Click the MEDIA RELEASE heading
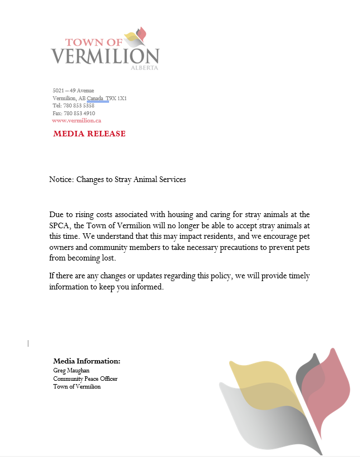(89, 134)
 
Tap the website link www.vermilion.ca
(76, 120)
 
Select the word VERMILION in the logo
(105, 56)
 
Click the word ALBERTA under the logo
(144, 68)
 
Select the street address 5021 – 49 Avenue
(73, 90)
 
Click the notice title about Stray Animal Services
(117, 179)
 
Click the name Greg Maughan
(71, 370)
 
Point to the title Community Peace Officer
(85, 379)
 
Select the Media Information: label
(86, 361)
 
